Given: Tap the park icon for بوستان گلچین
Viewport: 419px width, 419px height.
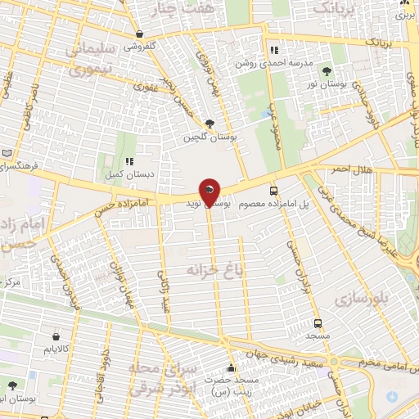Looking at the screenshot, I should click(212, 124).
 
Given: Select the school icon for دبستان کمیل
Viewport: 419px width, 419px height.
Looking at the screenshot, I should click(129, 161).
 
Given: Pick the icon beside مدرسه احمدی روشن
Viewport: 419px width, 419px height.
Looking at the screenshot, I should click(284, 50).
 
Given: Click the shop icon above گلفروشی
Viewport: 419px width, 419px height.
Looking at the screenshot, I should click(141, 34).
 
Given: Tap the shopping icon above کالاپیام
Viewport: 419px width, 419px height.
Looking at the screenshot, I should click(56, 336).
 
